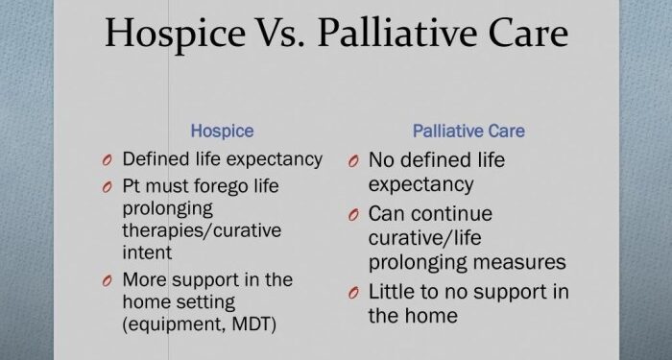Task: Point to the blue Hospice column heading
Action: pyautogui.click(x=223, y=130)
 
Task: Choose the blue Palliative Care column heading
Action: pyautogui.click(x=468, y=130)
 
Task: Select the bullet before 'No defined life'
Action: pyautogui.click(x=353, y=160)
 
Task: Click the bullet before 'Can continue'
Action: pyautogui.click(x=353, y=215)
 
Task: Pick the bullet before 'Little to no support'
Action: pyautogui.click(x=353, y=292)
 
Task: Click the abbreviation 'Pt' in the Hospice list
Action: pyautogui.click(x=132, y=184)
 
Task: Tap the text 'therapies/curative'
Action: pyautogui.click(x=193, y=230)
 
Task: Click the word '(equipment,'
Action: pyautogui.click(x=170, y=324)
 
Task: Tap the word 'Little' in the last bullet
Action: pyautogui.click(x=392, y=291)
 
